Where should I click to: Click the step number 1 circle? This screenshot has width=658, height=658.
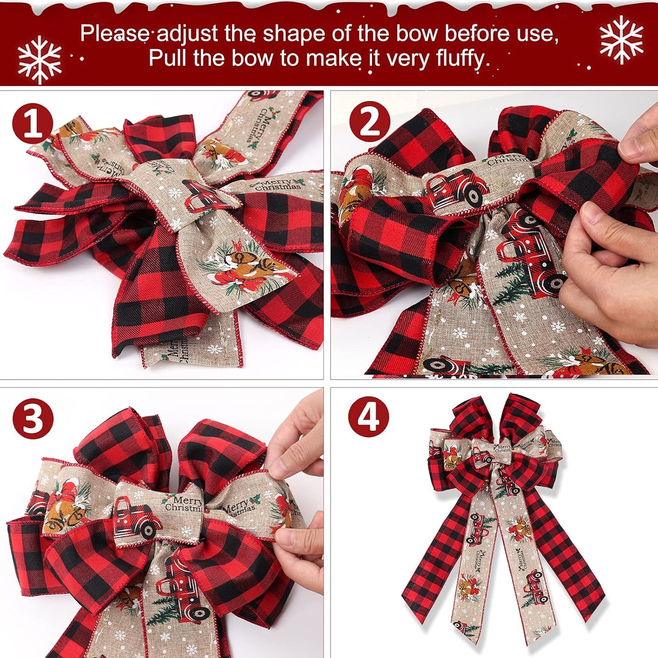[x=32, y=123]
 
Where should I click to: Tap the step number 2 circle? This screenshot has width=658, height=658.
[x=369, y=123]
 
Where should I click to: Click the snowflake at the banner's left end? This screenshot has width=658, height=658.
[x=40, y=60]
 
